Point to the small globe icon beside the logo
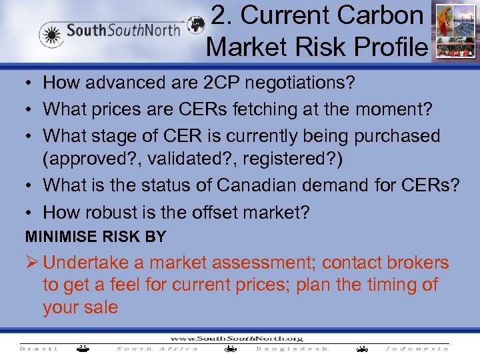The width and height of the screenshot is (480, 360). point(195,25)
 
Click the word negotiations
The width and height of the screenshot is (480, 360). point(290,83)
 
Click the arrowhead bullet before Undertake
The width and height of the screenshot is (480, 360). point(32,263)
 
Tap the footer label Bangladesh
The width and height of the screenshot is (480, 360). point(292,349)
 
